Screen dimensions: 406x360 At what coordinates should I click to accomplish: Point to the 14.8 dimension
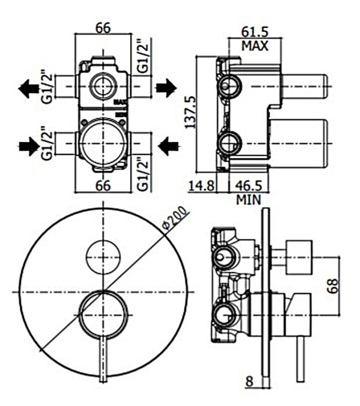[x=203, y=187]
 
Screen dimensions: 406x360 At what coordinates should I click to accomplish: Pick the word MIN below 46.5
[x=249, y=200]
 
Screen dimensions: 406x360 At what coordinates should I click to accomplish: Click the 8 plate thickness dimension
[x=249, y=382]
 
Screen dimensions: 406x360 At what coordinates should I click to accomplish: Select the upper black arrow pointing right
[x=165, y=88]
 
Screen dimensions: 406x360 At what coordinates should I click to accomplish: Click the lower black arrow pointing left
[x=169, y=144]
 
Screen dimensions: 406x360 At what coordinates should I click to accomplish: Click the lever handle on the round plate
[x=103, y=354]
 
